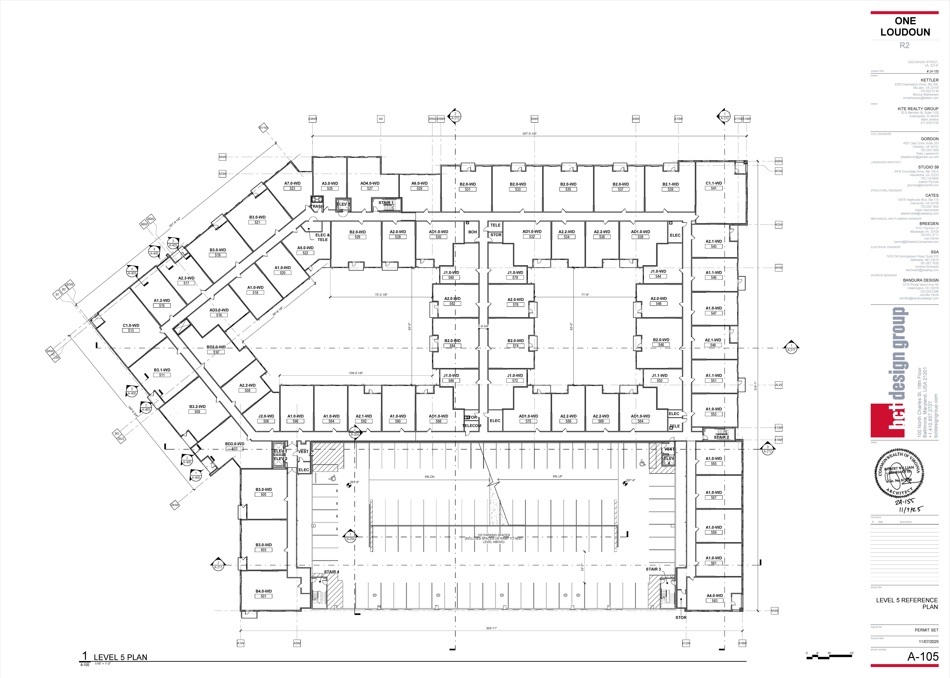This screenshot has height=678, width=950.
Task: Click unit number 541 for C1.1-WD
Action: [714, 188]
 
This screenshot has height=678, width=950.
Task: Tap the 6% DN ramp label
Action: [429, 477]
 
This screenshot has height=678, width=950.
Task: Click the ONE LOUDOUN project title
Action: [905, 27]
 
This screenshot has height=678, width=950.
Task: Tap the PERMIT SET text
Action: [926, 630]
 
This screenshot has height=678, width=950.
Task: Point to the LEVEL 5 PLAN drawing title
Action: [120, 657]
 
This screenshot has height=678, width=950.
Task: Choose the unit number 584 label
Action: [452, 346]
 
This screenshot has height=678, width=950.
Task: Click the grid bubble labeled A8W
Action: [534, 119]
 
